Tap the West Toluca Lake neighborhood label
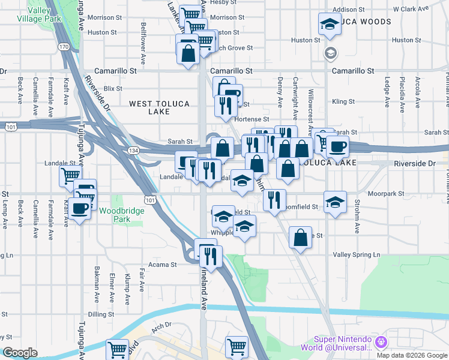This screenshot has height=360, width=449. tap(160, 108)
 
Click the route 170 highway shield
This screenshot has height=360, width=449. tap(64, 46)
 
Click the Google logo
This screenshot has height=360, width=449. tap(20, 353)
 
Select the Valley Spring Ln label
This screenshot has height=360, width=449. tap(357, 255)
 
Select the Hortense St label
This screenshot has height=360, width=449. tap(252, 119)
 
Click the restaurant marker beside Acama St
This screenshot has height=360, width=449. tap(210, 256)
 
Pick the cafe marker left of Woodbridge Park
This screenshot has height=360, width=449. tap(80, 209)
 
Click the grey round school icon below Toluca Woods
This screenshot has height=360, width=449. tap(330, 53)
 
